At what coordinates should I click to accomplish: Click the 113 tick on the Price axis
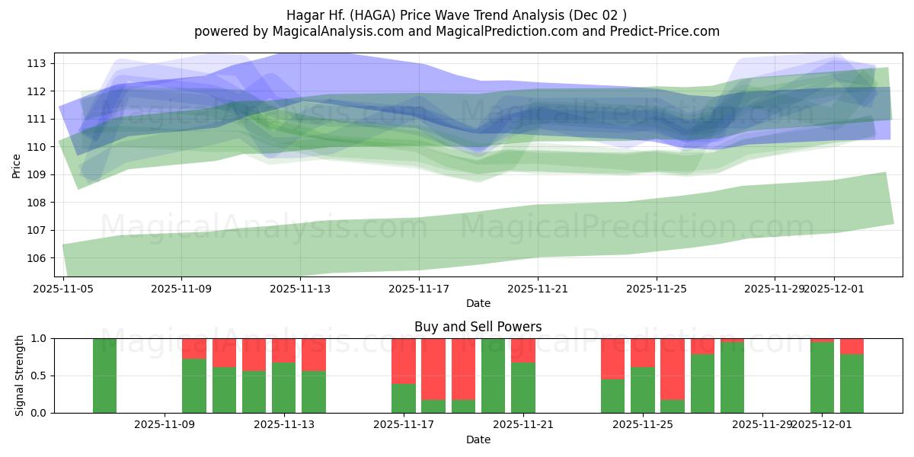40,63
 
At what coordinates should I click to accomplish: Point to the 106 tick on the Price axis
40,258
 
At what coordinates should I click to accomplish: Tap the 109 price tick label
40,174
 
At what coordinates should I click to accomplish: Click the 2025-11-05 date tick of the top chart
63,289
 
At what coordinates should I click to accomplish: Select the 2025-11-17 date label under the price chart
419,289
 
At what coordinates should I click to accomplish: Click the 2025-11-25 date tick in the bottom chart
643,425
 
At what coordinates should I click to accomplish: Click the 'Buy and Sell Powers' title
478,327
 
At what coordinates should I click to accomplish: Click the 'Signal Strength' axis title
20,376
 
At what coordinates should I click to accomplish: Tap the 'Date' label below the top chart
478,303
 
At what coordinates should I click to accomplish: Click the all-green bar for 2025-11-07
104,376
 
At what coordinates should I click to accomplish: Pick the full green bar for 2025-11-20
493,376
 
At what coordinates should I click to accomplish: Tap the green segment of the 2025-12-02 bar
852,384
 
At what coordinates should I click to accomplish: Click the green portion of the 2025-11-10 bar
224,390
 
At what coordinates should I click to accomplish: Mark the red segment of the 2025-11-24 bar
612,358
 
